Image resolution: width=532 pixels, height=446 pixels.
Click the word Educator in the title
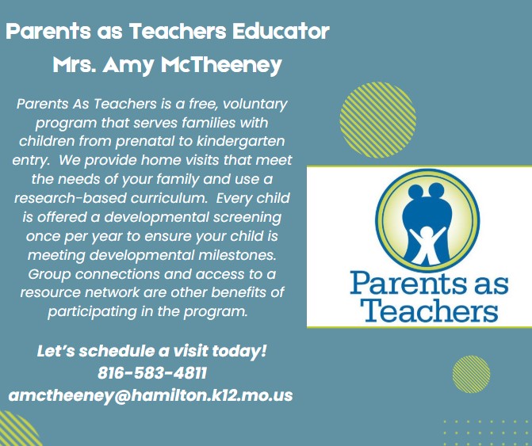click(281, 31)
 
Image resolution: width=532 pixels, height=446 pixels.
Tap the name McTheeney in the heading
click(221, 65)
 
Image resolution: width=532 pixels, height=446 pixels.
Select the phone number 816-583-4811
click(152, 373)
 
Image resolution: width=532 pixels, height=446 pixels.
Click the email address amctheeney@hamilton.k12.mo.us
click(151, 395)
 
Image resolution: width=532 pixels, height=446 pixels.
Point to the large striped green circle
click(377, 120)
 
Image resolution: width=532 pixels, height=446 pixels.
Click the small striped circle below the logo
click(471, 374)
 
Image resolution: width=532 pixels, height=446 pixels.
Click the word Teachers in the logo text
click(428, 310)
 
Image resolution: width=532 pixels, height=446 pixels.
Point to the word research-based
click(71, 198)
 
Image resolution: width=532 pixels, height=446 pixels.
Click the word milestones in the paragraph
click(237, 255)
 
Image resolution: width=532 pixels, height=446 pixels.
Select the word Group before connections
click(49, 274)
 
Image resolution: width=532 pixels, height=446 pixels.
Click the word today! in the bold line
click(239, 351)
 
